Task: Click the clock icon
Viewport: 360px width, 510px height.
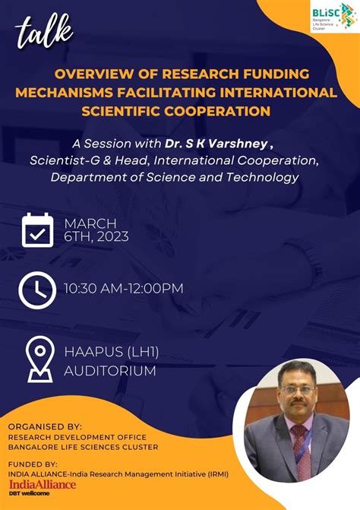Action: (36, 290)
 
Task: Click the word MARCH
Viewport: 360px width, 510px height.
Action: (90, 223)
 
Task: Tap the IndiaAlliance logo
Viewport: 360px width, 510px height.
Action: (43, 483)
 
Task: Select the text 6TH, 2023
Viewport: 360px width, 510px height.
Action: (96, 236)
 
